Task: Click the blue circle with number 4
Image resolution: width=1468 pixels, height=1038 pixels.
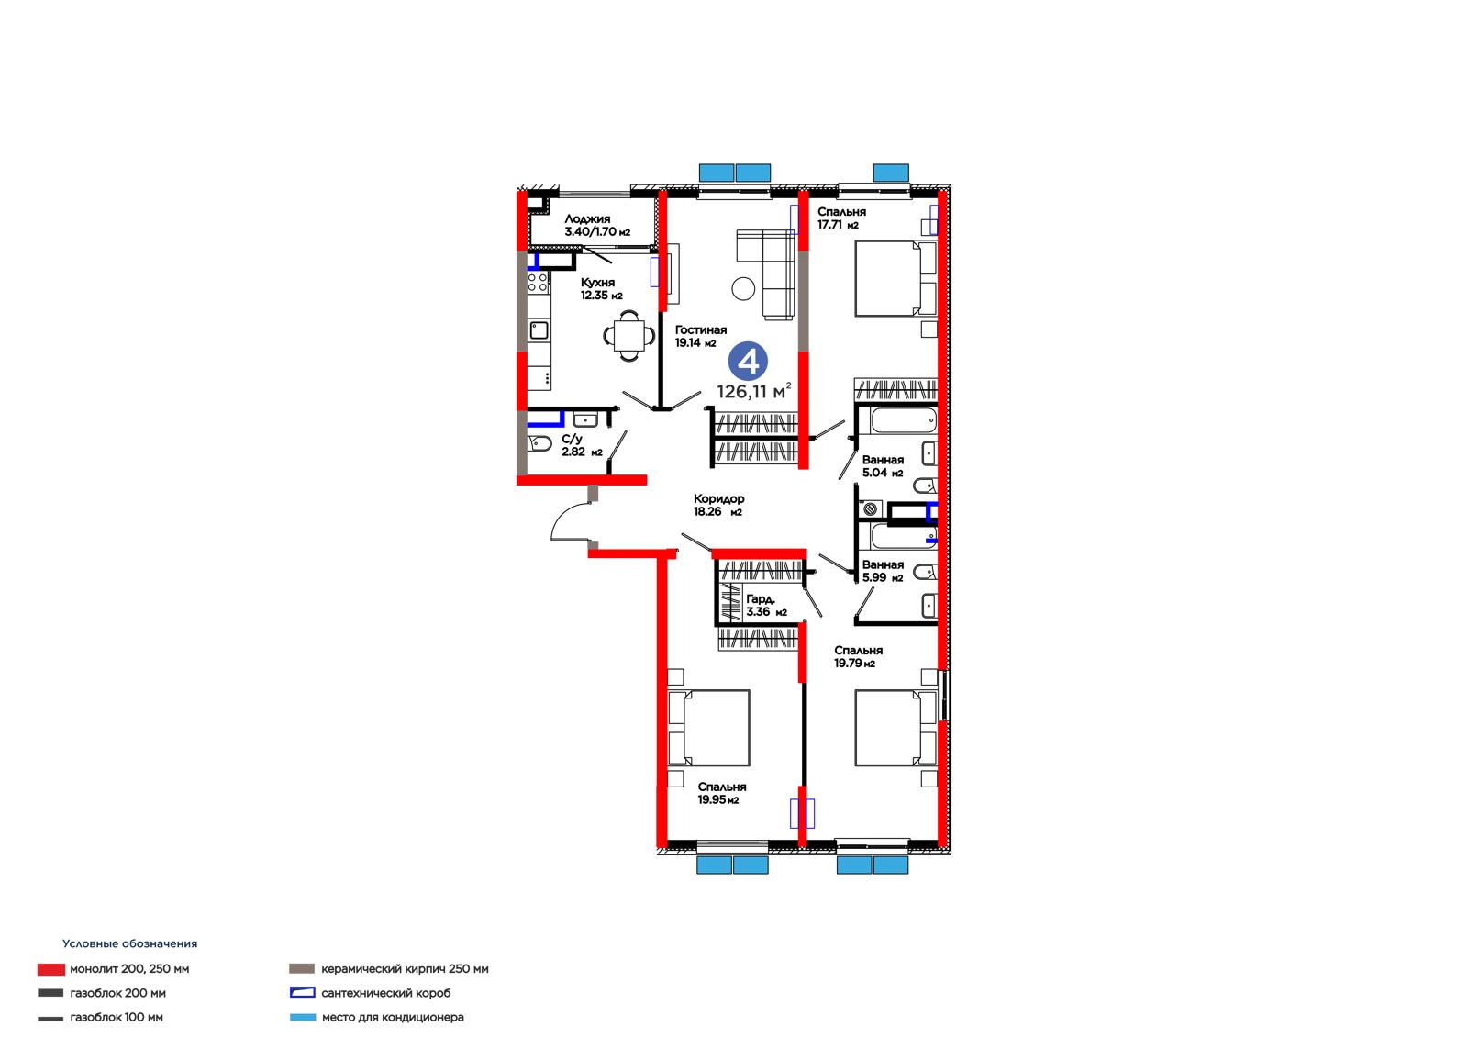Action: pos(748,362)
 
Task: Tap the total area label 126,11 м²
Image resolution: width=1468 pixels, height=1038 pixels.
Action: pos(753,391)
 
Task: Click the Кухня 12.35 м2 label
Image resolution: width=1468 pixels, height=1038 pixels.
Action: pos(601,288)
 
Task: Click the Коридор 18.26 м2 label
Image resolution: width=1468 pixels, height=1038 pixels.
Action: pos(718,505)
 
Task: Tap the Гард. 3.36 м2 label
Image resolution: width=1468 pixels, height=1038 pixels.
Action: pos(766,605)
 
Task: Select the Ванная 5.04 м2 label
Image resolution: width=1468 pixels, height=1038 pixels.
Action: pos(883,466)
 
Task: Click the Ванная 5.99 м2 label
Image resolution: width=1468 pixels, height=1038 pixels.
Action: pos(883,571)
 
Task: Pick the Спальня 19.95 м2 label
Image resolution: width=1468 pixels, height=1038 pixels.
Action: pos(721,793)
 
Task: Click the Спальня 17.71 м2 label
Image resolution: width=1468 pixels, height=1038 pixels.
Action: pos(841,218)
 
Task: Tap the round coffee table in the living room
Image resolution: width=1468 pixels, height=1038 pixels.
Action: pos(743,288)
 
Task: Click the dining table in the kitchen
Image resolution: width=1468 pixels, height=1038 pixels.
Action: pos(629,336)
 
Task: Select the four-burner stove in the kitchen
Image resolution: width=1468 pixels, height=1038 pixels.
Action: pos(538,283)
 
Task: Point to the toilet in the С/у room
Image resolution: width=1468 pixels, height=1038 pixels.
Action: pos(539,444)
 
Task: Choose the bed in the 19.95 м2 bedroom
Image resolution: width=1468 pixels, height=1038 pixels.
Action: pos(708,728)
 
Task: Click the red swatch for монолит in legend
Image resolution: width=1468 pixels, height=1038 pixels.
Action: pos(51,969)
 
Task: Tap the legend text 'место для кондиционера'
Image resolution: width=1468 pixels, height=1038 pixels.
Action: pos(393,1017)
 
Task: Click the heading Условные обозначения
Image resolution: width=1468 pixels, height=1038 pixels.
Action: pos(129,943)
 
